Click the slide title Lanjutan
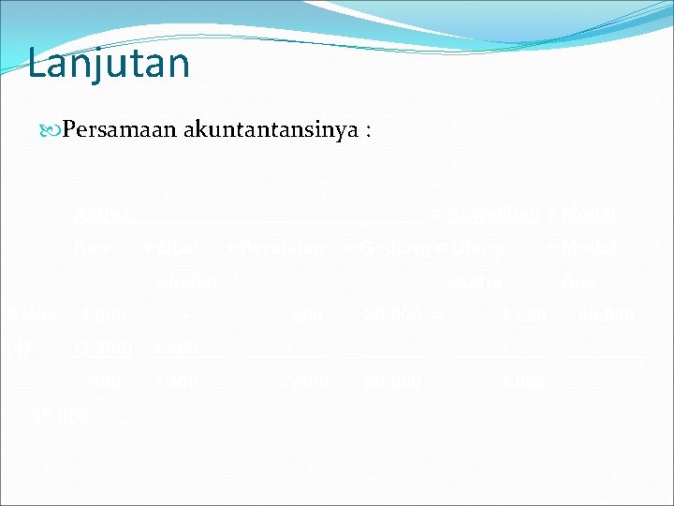coord(109,64)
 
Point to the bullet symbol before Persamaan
coord(50,131)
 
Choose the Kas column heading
coord(94,248)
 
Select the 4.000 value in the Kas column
coord(101,314)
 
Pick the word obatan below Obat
coord(191,280)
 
